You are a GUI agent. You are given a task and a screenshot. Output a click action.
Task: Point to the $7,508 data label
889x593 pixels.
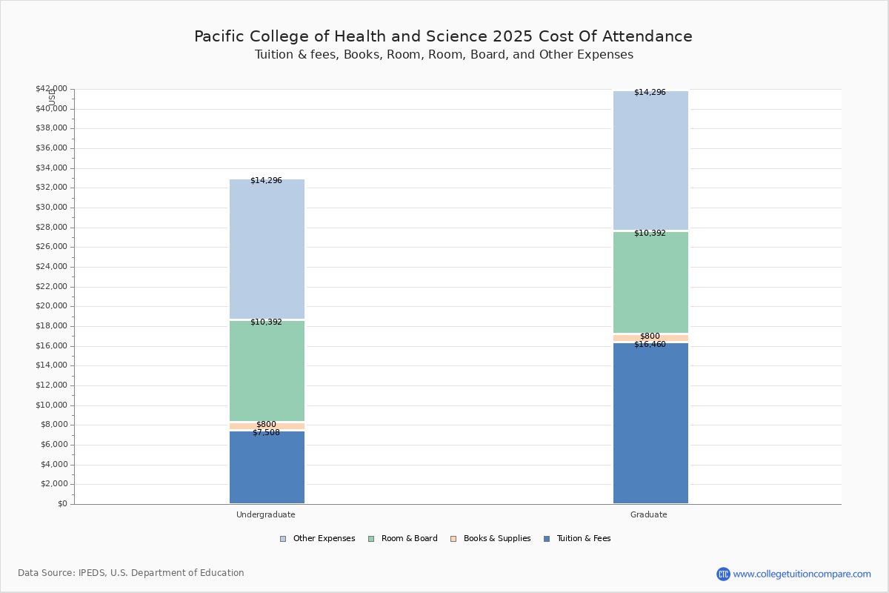pos(266,433)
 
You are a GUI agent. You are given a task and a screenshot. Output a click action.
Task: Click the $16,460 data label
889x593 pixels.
pos(650,345)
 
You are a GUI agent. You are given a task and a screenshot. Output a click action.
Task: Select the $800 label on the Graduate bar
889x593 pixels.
pos(650,337)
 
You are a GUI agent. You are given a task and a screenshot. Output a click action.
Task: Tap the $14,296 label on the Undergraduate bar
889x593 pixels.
pos(266,181)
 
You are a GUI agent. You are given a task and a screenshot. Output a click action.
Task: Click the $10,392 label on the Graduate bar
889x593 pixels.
pos(650,233)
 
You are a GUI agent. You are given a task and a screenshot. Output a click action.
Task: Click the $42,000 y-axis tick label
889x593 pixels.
pos(51,89)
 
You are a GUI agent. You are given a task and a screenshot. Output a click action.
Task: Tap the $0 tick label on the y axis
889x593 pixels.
pos(61,504)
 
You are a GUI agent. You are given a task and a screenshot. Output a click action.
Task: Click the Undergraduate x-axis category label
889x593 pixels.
pos(266,514)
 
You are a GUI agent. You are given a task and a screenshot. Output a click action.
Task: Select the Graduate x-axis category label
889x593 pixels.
pos(649,514)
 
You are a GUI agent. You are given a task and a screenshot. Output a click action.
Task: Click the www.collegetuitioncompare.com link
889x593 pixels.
pos(802,574)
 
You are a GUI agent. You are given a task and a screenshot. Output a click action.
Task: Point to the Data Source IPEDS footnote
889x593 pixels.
pos(131,573)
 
